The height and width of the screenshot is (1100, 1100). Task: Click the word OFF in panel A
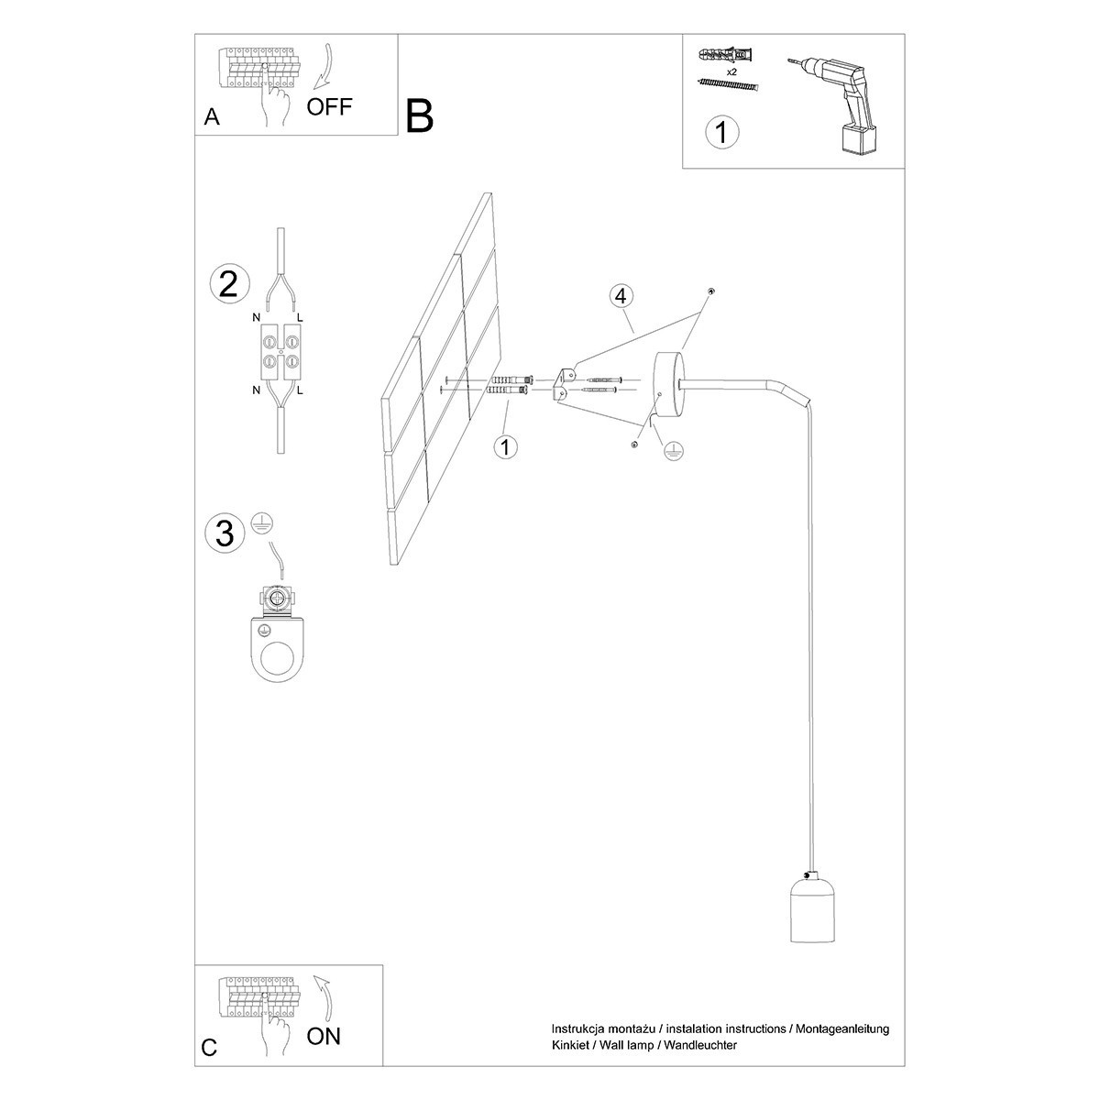pos(328,106)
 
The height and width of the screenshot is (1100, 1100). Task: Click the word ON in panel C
pos(324,1037)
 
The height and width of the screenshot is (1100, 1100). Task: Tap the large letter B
pos(419,116)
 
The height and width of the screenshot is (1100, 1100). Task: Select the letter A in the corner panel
pos(212,117)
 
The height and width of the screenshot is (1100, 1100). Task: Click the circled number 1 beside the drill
pos(721,131)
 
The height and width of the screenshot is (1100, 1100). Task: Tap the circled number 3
pos(225,533)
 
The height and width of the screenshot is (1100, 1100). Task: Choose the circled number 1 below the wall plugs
pos(504,447)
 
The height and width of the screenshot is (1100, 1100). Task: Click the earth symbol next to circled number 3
pos(261,523)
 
